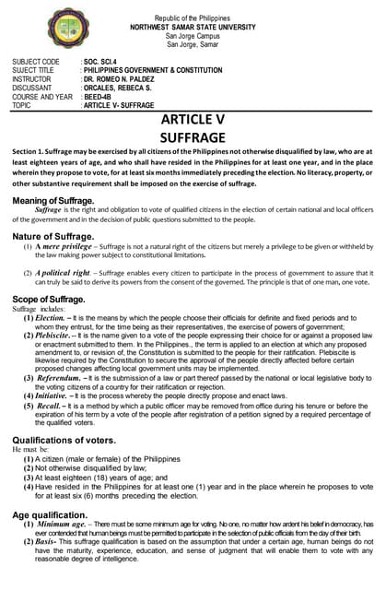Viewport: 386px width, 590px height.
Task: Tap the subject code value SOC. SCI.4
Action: [x=103, y=61]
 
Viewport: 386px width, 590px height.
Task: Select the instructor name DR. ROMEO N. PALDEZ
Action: [x=125, y=78]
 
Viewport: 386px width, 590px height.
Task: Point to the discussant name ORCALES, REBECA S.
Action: [x=120, y=88]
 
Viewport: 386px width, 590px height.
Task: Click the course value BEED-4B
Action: [x=100, y=97]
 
